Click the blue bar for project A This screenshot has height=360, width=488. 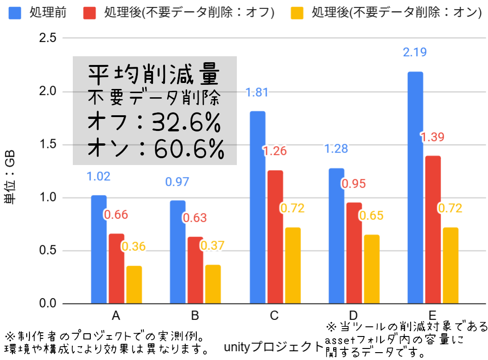click(99, 249)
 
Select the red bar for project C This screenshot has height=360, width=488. click(275, 236)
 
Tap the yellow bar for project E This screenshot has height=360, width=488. click(450, 266)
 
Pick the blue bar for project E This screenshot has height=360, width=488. click(415, 188)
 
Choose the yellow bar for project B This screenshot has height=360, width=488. click(213, 284)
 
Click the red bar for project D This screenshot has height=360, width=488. click(354, 253)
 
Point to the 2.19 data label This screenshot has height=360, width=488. click(415, 52)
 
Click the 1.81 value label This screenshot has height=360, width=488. click(257, 93)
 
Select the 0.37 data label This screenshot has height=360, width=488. click(212, 246)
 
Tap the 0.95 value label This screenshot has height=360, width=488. click(353, 184)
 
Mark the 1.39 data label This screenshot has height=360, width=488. click(432, 137)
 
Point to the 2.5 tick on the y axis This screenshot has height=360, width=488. click(47, 38)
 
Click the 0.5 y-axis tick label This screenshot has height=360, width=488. click(47, 250)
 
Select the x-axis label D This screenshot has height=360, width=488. click(353, 315)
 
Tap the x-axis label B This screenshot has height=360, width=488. click(195, 315)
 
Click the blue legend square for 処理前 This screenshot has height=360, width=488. click(15, 13)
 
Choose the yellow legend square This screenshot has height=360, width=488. click(297, 13)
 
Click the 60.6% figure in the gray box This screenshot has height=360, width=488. click(189, 149)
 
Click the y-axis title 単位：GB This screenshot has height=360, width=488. click(10, 177)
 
